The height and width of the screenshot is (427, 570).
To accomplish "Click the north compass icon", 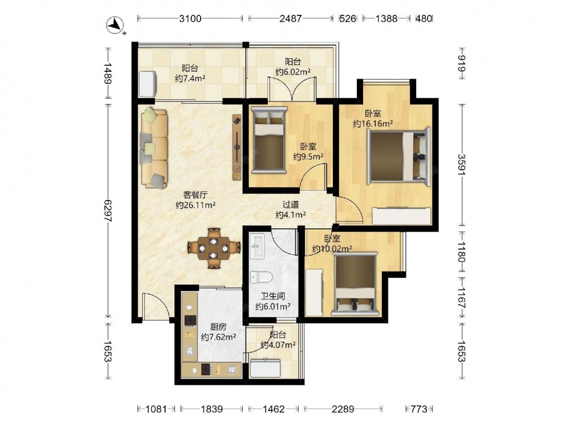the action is tap(115, 26).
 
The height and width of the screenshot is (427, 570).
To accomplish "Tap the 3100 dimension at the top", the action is tap(190, 19).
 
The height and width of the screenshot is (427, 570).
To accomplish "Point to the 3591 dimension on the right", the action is tap(462, 165).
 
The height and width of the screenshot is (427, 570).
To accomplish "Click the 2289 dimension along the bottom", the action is tap(343, 409).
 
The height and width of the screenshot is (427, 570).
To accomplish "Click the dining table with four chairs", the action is tap(214, 248).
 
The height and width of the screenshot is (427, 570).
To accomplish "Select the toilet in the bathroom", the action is tap(261, 278).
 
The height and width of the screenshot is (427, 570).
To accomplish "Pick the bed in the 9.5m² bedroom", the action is tap(269, 140).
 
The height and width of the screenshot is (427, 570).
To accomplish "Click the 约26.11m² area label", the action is tap(196, 205).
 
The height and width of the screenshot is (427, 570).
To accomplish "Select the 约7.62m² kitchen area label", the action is tap(218, 337).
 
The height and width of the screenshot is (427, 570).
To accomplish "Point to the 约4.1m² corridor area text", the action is tap(291, 215).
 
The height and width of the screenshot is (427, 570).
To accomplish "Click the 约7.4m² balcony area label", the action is tap(190, 78).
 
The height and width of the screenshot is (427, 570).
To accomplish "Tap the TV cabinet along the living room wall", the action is tap(237, 147).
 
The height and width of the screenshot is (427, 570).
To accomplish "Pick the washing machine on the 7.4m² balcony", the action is tap(148, 84).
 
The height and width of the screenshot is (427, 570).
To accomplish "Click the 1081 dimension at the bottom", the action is tap(156, 409).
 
